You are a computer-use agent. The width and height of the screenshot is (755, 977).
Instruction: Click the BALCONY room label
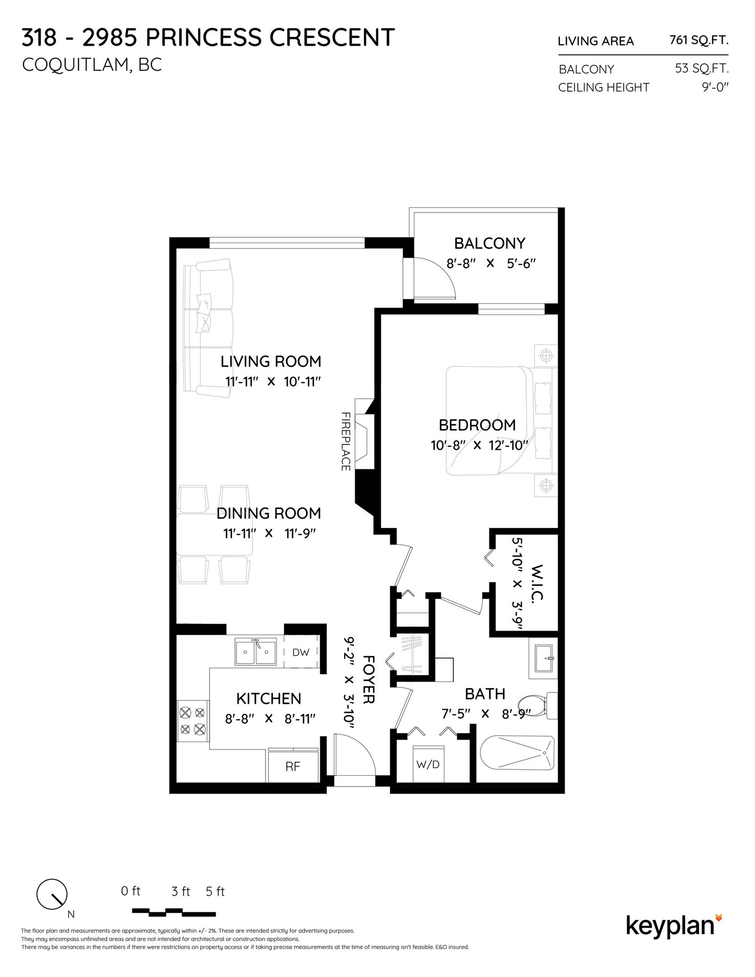pos(489,243)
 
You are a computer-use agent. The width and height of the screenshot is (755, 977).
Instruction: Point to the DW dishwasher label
pos(301,652)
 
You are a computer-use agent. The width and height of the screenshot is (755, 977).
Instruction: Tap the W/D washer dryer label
pos(428,764)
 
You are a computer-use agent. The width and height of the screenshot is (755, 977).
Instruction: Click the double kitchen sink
pos(256,652)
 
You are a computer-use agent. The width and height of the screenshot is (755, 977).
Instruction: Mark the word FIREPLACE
pos(345,442)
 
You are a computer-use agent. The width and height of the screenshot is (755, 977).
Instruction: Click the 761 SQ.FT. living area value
pos(699,41)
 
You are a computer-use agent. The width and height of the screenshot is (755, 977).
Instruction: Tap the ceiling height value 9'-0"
pos(715,87)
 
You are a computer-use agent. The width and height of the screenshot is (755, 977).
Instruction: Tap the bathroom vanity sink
pos(543,657)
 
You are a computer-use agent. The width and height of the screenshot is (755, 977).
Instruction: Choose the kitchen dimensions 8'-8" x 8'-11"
pos(270,718)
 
